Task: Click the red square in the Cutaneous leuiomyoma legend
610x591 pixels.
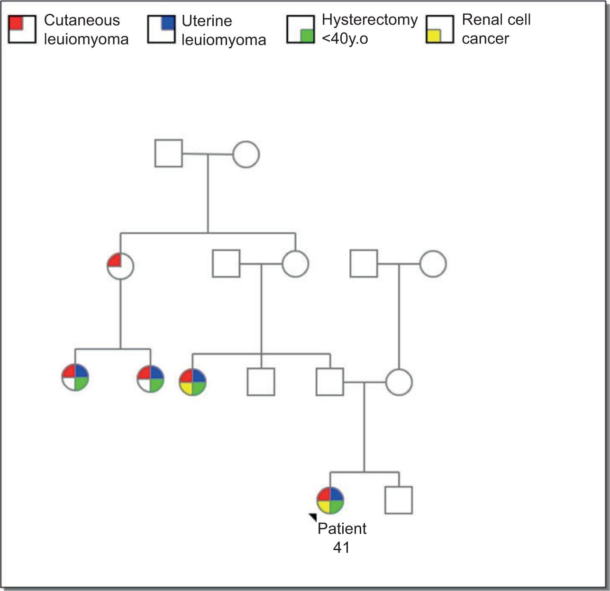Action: [x=16, y=22]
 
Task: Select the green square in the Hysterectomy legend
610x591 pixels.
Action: [x=307, y=36]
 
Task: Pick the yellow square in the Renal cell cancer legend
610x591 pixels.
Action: [x=433, y=36]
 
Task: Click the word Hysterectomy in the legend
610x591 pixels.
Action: [x=370, y=20]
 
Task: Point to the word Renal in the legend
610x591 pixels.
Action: [x=479, y=20]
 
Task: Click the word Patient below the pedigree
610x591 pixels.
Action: [x=342, y=528]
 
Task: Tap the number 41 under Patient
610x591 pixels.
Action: [x=341, y=547]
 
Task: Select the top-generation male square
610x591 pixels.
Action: [x=169, y=154]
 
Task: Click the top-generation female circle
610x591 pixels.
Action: [x=246, y=154]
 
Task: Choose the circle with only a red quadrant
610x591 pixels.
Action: [x=120, y=266]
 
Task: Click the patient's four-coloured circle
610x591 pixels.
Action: [x=330, y=500]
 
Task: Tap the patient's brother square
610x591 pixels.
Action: [x=399, y=500]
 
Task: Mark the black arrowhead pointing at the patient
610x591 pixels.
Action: [x=313, y=517]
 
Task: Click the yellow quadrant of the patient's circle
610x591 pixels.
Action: [x=324, y=507]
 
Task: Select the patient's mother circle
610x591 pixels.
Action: [x=399, y=382]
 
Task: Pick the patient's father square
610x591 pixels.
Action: [x=330, y=382]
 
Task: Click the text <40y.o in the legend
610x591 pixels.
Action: [x=345, y=38]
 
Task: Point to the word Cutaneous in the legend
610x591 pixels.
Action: [x=82, y=20]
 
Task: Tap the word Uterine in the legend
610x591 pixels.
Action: [x=207, y=21]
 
